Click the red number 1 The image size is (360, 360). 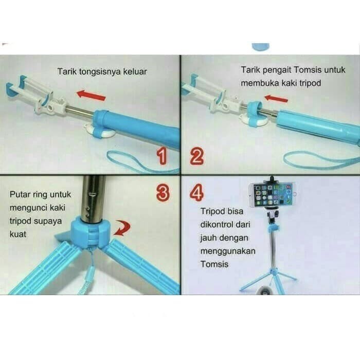pos(162,156)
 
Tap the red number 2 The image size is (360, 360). pos(197,156)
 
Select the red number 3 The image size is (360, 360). pos(163,192)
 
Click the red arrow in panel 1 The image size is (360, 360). pos(91,95)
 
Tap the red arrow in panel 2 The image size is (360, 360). pos(276,99)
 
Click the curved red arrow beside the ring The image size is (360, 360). pos(122,228)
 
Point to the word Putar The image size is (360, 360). pos(20,194)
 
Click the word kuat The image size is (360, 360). pos(18,235)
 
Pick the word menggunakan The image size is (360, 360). pos(228,251)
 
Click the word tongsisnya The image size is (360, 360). pos(100,72)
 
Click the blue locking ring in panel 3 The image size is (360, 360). pos(91,232)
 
